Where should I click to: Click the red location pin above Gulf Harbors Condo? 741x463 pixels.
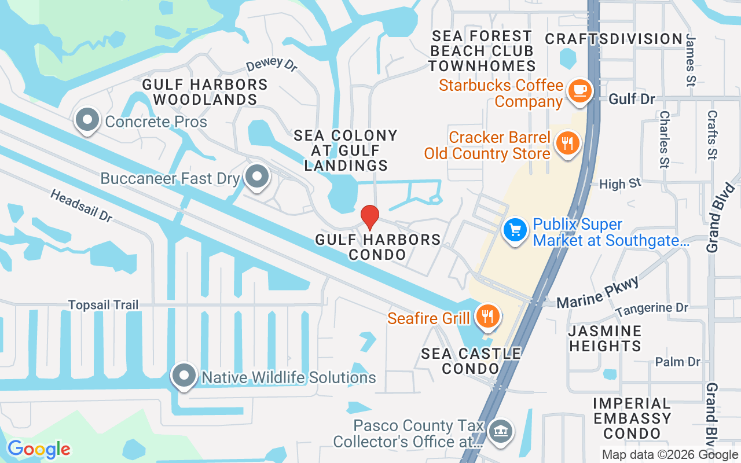[x=370, y=217]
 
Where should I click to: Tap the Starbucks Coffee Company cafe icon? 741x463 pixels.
[x=579, y=91]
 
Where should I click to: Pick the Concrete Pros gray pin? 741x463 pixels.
[x=87, y=120]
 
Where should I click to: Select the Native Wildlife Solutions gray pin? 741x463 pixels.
[x=184, y=376]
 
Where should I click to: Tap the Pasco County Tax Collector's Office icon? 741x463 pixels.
[x=500, y=431]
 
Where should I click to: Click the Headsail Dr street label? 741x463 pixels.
[x=81, y=205]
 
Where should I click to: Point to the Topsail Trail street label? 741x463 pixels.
[x=103, y=304]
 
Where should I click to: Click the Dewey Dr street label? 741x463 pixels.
[x=272, y=64]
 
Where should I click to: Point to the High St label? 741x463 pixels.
[x=620, y=184]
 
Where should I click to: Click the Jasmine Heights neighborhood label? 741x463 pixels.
[x=605, y=339]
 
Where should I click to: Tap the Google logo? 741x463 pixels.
[x=39, y=449]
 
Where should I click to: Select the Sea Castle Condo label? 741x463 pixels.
[x=471, y=361]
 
